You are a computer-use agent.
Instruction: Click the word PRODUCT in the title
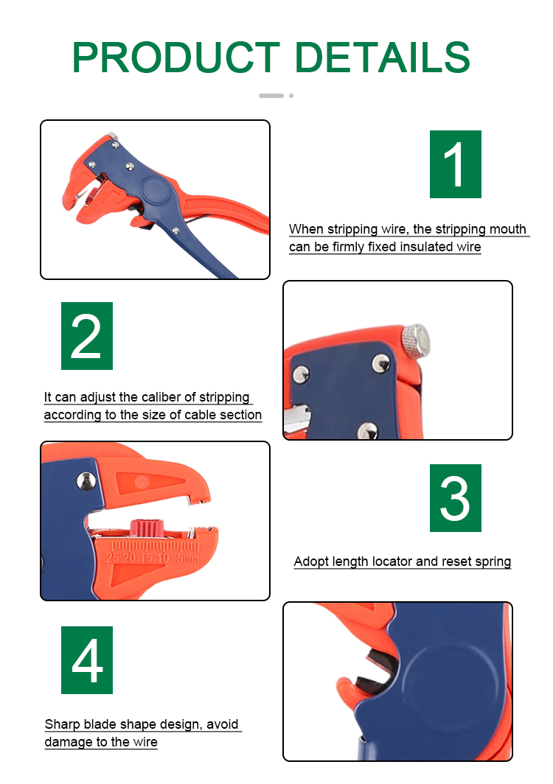[176, 57]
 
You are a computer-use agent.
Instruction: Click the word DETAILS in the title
[383, 57]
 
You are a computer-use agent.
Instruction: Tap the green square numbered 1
[456, 164]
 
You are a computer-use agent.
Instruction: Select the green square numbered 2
[86, 336]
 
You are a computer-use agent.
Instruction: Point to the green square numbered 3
[456, 498]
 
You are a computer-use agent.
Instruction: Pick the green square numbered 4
[86, 660]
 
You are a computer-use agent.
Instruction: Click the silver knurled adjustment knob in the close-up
[415, 340]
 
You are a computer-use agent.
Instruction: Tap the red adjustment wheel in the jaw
[147, 528]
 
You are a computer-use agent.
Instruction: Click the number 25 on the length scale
[112, 558]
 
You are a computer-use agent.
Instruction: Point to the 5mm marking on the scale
[188, 558]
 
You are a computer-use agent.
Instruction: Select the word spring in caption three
[493, 561]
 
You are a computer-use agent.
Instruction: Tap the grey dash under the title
[271, 96]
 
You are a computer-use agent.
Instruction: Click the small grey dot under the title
[291, 96]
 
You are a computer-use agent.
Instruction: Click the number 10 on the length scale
[163, 558]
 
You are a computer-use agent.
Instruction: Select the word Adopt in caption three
[310, 561]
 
